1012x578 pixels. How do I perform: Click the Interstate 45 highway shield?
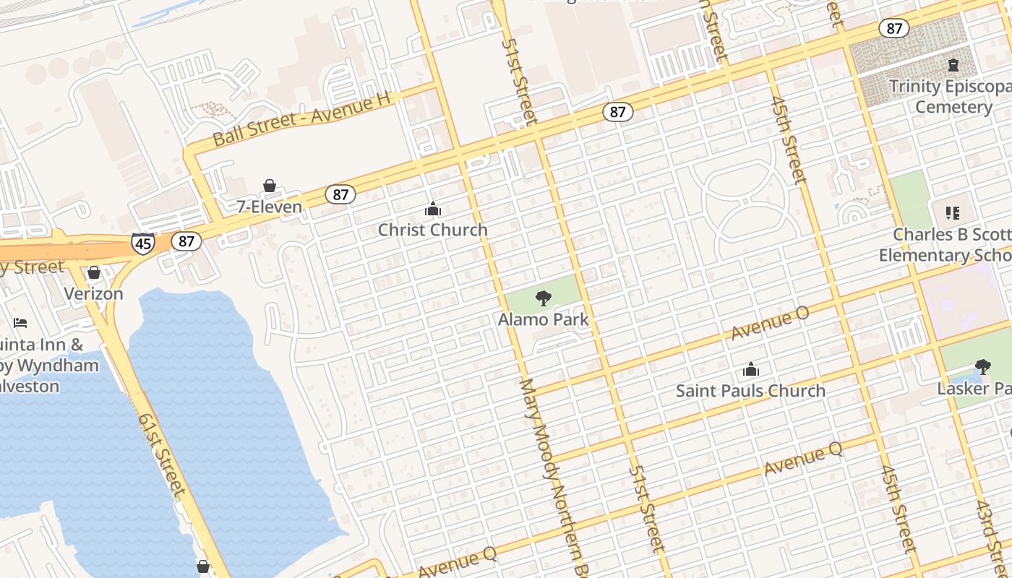tap(143, 243)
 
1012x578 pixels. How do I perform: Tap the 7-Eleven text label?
tap(270, 207)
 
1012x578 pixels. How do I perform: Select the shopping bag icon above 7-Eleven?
tap(270, 186)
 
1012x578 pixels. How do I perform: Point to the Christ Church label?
tap(433, 230)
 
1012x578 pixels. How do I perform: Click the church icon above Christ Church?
tap(433, 210)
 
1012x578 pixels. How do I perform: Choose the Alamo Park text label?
tap(544, 319)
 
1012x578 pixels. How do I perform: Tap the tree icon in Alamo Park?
tap(544, 298)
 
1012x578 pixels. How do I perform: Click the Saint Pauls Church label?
tap(750, 391)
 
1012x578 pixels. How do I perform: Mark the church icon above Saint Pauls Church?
tap(751, 370)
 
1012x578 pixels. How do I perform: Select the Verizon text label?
tap(93, 294)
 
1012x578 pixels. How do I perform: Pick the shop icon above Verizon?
tap(94, 272)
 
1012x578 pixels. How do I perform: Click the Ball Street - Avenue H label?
tap(301, 118)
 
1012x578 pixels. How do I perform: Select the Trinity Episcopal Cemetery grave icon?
tap(953, 65)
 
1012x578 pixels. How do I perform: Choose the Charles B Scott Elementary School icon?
tap(953, 212)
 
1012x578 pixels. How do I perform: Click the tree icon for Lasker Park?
tap(982, 367)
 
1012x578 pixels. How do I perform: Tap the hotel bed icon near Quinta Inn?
tap(20, 322)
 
